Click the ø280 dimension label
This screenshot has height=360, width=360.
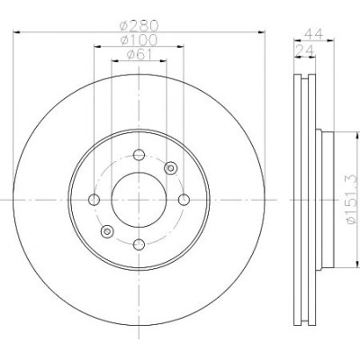coord(139,26)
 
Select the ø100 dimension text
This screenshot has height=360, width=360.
coord(139,40)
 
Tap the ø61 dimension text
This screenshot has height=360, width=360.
coord(139,55)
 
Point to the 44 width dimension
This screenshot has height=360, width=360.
coord(313,33)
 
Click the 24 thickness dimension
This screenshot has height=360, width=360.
coord(304,50)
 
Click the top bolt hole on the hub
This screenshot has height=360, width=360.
coord(139,155)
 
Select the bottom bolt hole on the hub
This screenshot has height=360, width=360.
coord(139,245)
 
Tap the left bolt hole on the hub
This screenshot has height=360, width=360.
coord(94,200)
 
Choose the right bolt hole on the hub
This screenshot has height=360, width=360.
coord(184,200)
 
